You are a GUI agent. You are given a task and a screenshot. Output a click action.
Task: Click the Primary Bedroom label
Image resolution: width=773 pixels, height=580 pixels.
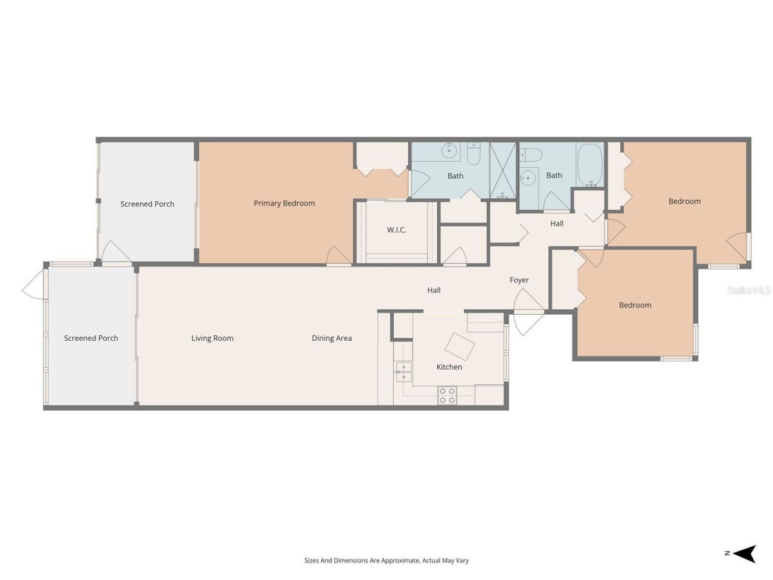pos(284,204)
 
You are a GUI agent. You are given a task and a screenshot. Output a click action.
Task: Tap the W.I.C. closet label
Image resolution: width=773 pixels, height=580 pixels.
pos(396,230)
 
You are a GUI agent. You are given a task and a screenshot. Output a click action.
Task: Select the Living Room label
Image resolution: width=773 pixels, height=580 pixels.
pos(212,338)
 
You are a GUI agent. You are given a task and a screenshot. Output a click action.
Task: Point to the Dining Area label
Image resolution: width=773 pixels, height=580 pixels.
pos(332,338)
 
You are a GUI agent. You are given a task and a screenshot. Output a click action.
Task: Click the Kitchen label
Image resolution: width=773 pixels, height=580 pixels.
pos(449,367)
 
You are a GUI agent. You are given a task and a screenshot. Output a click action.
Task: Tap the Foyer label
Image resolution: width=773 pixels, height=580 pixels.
pos(519,280)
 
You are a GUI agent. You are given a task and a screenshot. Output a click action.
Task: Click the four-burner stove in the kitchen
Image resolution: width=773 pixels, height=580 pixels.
pos(447,396)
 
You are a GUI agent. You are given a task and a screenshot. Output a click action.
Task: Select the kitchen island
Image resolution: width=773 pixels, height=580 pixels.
pos(460,346)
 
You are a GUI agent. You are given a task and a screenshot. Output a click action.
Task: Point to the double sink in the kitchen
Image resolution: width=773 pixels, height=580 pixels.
pos(403,372)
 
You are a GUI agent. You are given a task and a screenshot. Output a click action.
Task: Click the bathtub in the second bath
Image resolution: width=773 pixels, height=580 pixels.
pos(590,164)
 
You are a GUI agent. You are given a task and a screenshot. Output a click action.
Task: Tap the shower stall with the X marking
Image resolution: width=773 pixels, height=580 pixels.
pos(502,170)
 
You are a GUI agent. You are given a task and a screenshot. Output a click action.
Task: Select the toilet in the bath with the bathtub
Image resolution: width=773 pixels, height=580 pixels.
pos(531,154)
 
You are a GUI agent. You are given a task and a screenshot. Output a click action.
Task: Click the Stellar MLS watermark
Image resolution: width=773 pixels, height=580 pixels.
pos(749,291)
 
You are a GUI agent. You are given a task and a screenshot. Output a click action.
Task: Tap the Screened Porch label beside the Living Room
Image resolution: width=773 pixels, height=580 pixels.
pos(91,338)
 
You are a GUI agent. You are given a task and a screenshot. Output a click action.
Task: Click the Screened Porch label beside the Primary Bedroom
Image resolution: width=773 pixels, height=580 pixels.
pos(147,204)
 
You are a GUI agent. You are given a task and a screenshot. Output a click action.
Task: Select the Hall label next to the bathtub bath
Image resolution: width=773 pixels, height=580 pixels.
pos(557,224)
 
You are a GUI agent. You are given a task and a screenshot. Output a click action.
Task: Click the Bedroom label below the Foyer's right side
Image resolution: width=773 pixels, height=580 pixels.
pos(635,305)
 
